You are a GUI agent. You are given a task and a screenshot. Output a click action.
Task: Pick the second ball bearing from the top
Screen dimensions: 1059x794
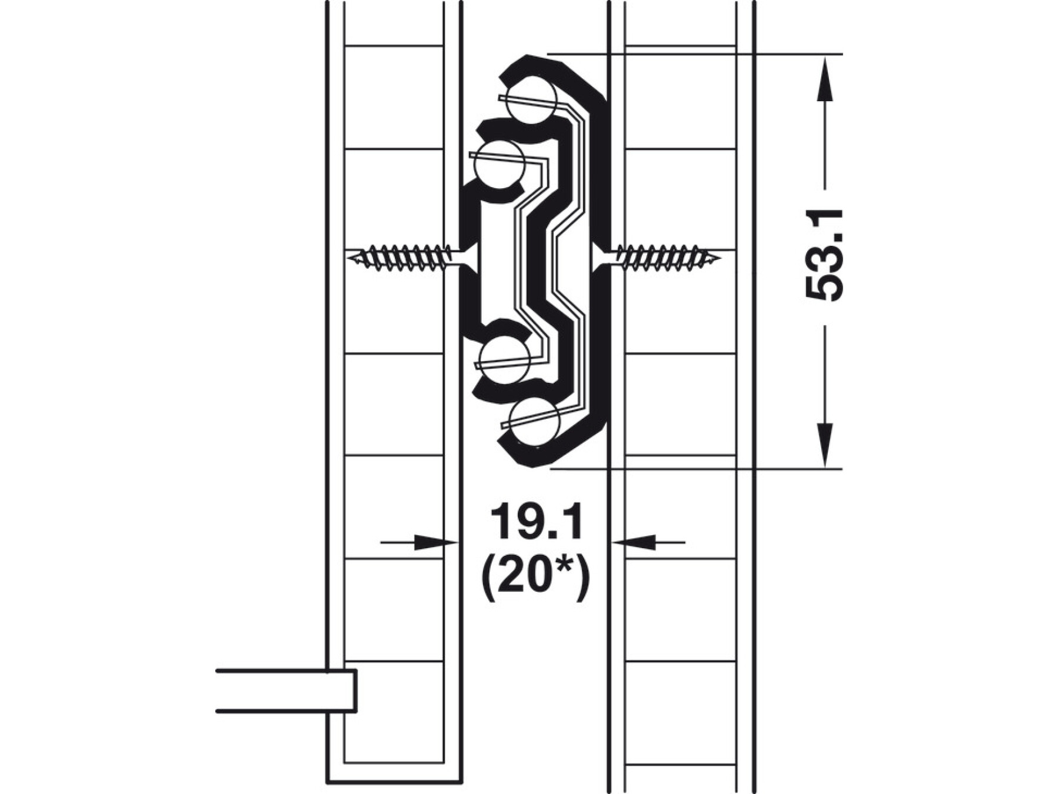(499, 165)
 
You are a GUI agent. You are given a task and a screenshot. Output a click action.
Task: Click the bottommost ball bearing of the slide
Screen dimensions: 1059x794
(534, 422)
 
